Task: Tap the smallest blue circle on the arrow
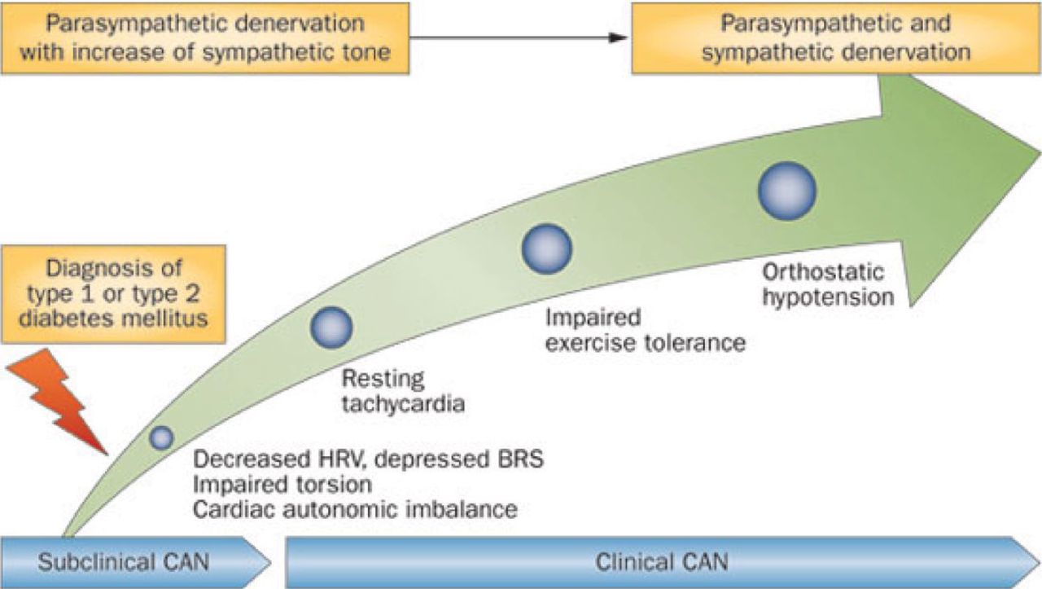point(161,437)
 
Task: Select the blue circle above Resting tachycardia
point(331,326)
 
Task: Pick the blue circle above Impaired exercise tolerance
point(546,248)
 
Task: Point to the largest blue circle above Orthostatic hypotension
point(786,191)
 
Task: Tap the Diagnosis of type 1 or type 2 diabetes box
point(114,292)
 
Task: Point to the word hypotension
point(829,297)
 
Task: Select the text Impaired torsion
point(282,484)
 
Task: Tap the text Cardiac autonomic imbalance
point(355,510)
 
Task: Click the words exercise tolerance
point(646,342)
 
